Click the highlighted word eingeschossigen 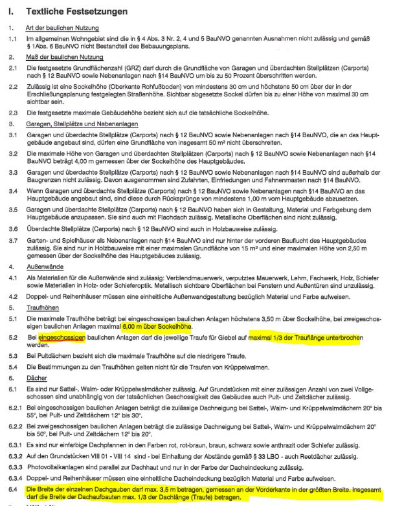pyautogui.click(x=62, y=337)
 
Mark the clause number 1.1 pyautogui.click(x=12, y=39)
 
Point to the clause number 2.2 pyautogui.click(x=12, y=86)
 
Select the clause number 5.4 pyautogui.click(x=12, y=368)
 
